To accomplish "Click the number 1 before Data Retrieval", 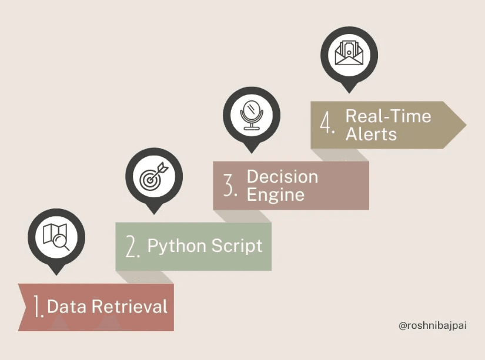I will tap(38, 307).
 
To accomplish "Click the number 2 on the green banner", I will tap(133, 246).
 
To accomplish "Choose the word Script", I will tap(236, 245).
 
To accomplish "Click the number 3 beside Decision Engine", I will tap(230, 185).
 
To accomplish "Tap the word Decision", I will tap(282, 177).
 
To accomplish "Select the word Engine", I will tap(275, 194).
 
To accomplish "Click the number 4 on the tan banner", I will tap(327, 125).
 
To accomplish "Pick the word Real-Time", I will tap(388, 116).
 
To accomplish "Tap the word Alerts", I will tap(371, 134).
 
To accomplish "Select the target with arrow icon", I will tap(154, 176).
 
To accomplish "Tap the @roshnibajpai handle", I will tap(432, 325).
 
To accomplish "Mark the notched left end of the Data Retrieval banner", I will tap(24, 307).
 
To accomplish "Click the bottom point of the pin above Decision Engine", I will tap(252, 152).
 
